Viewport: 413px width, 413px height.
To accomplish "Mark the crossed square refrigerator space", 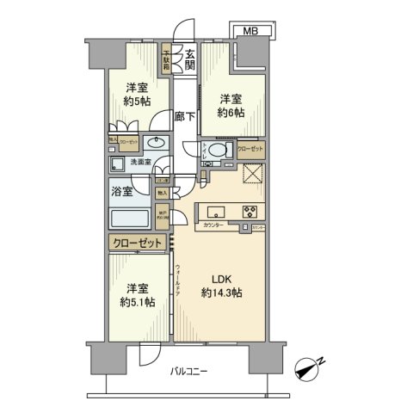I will pyautogui.click(x=253, y=176).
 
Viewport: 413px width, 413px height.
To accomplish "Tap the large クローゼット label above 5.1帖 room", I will pyautogui.click(x=137, y=244).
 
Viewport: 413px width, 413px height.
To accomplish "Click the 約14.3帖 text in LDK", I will pyautogui.click(x=221, y=293).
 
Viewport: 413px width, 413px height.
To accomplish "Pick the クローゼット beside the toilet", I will pyautogui.click(x=250, y=149).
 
